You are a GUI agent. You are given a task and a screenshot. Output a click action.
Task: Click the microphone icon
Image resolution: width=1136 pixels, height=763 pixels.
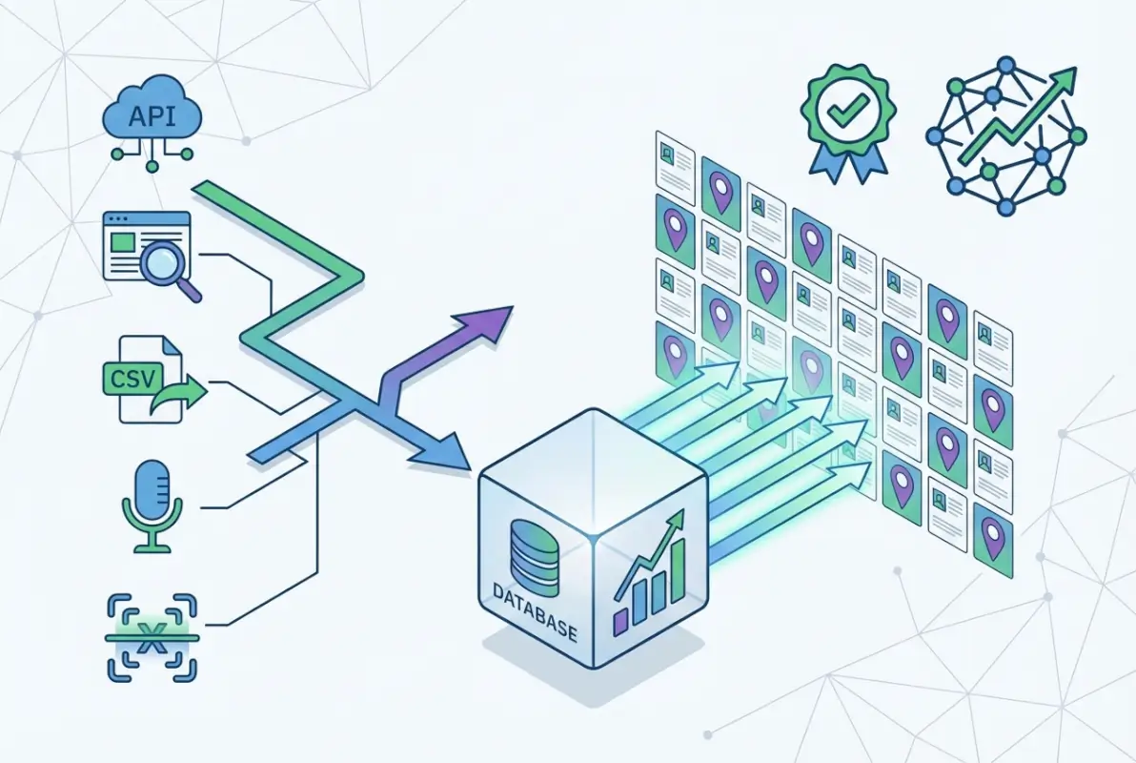[151, 505]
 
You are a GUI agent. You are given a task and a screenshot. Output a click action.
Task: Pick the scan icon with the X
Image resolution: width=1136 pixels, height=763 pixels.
[151, 637]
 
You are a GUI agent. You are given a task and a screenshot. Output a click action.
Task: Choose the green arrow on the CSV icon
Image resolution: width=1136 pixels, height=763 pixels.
[187, 391]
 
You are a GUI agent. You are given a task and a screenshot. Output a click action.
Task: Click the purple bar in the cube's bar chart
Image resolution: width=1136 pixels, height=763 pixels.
[620, 621]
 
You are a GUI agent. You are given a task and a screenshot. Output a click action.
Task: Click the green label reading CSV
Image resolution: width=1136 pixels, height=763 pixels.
[139, 378]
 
